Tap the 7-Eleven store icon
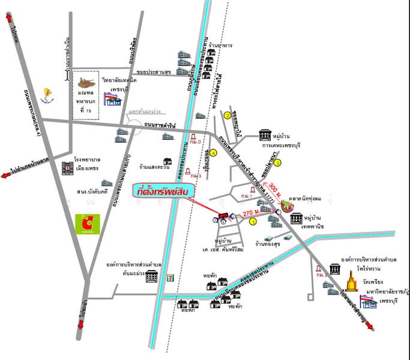172,277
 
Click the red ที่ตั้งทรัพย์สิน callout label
161,193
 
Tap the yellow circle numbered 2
228,115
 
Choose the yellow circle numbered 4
213,153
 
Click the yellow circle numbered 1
252,221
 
